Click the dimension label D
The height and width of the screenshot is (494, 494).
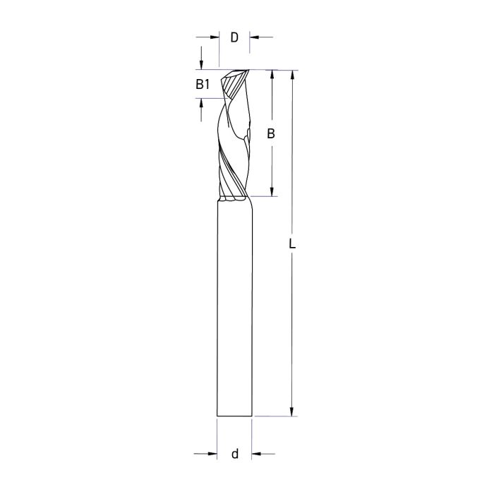tap(234, 37)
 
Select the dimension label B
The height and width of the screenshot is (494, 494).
tap(271, 133)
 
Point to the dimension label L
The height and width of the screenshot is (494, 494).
tap(292, 244)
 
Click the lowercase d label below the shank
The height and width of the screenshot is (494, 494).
tap(234, 454)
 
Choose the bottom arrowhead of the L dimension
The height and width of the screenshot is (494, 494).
tap(292, 412)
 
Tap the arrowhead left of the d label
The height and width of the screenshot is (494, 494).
tap(212, 454)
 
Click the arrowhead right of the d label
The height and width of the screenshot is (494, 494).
tap(256, 454)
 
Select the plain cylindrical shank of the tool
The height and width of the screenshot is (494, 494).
tap(234, 311)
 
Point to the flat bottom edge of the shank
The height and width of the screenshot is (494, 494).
tap(234, 416)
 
